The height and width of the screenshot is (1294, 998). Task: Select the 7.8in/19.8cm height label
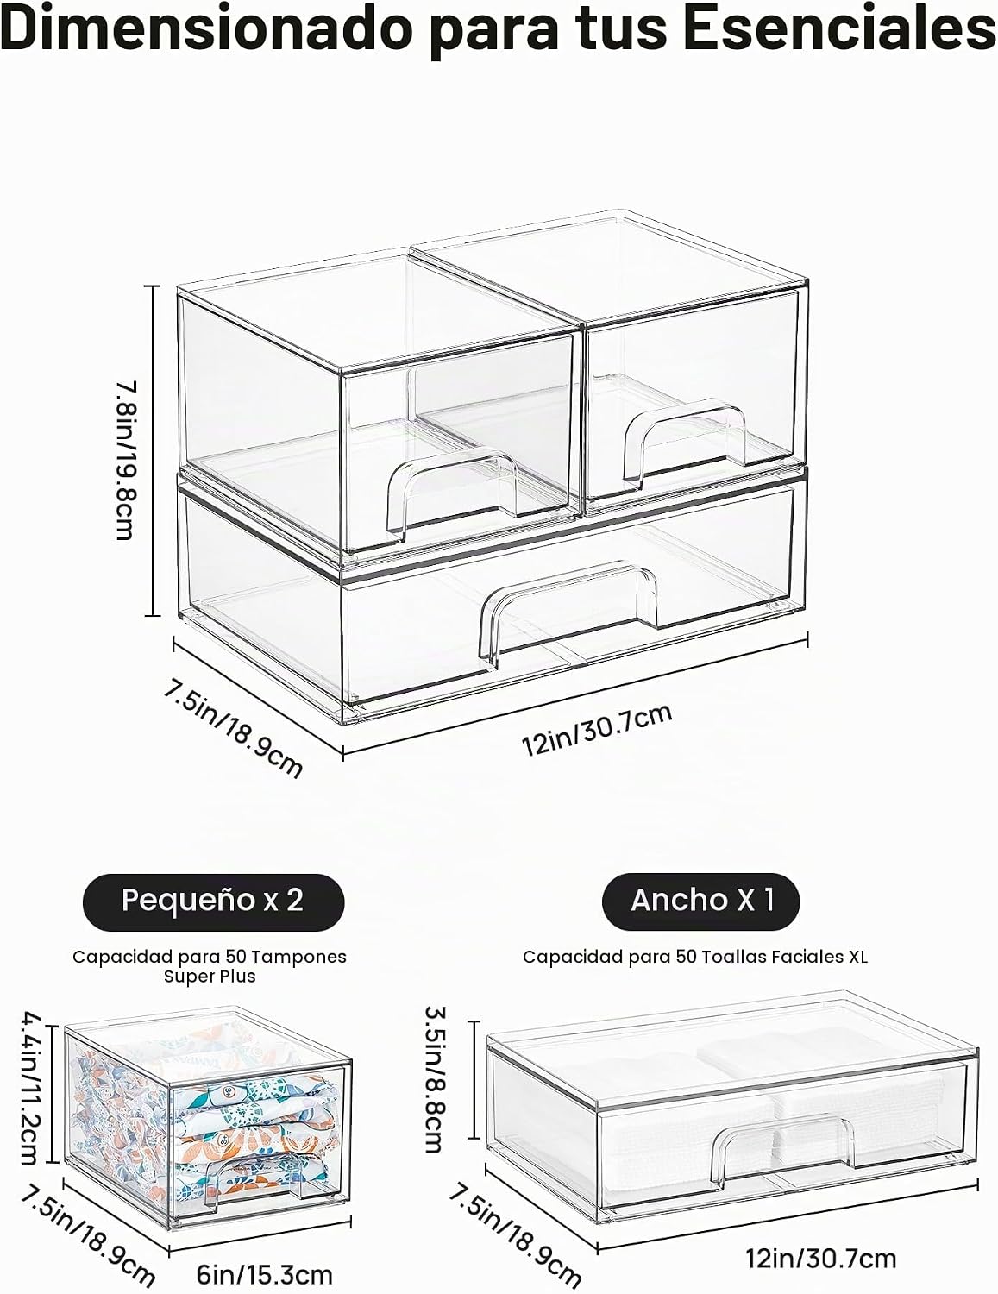pyautogui.click(x=125, y=461)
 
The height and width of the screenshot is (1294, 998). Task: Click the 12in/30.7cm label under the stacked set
pyautogui.click(x=597, y=730)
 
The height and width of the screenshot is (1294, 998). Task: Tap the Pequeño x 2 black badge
pyautogui.click(x=213, y=902)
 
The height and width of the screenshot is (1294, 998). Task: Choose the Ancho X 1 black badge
pyautogui.click(x=701, y=901)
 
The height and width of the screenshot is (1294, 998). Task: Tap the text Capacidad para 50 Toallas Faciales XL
pyautogui.click(x=695, y=957)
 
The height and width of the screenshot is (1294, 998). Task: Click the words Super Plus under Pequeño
pyautogui.click(x=210, y=977)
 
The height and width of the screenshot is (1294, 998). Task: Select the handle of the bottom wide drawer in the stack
pyautogui.click(x=568, y=613)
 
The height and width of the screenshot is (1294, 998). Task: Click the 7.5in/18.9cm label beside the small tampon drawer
pyautogui.click(x=87, y=1234)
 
